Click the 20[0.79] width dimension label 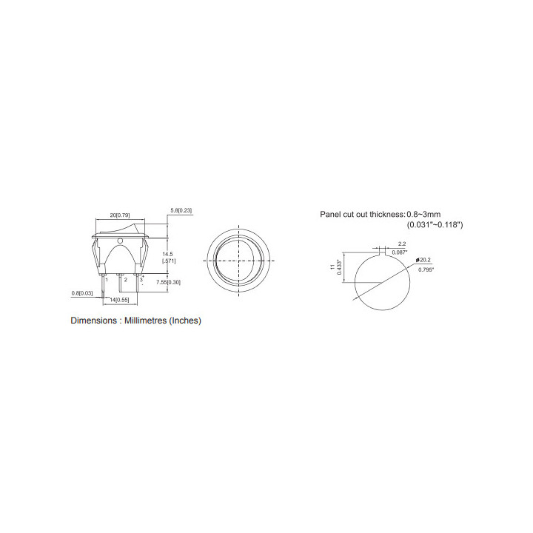(x=120, y=215)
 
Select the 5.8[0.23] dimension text (x=181, y=210)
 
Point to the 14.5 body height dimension (x=167, y=254)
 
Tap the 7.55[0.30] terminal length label (x=168, y=282)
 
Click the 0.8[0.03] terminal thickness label (x=82, y=293)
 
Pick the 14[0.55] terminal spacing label (x=119, y=300)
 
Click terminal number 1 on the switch (x=107, y=280)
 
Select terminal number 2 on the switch (x=125, y=280)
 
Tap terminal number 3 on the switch (x=141, y=279)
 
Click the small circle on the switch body (x=120, y=241)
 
